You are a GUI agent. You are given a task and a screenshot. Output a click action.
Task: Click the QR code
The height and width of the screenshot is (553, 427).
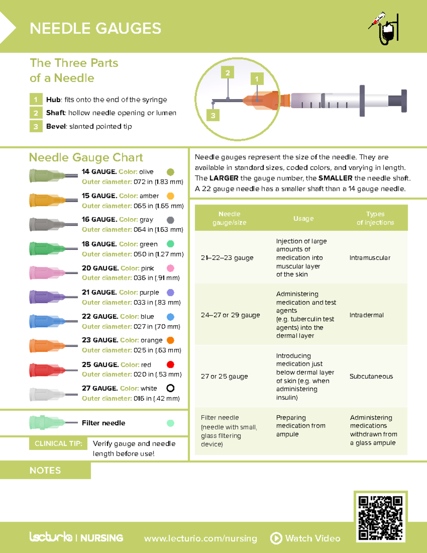380,518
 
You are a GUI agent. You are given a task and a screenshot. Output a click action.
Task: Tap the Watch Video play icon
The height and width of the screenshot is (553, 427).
276,538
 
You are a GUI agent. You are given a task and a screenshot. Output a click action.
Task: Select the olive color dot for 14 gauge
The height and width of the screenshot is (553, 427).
170,172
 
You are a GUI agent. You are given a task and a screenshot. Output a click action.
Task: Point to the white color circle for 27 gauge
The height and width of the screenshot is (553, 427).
170,388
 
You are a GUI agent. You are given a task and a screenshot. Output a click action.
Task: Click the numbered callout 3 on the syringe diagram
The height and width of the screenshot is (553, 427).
213,115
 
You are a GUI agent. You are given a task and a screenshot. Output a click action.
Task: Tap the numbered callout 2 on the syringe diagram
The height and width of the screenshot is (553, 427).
227,73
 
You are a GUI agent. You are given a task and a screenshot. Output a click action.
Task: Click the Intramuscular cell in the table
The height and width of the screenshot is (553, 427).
370,258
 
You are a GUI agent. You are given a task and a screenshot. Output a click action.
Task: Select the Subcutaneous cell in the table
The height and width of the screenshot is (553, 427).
371,376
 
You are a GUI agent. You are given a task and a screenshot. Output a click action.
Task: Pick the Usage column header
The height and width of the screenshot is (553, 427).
303,218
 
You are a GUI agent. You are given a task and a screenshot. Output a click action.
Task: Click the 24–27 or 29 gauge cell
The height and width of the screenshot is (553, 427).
230,315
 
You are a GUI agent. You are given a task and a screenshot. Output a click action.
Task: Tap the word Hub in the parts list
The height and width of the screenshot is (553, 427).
53,100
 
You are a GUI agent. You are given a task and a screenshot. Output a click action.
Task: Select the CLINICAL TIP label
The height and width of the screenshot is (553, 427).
58,444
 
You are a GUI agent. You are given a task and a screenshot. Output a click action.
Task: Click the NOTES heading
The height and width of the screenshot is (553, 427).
45,470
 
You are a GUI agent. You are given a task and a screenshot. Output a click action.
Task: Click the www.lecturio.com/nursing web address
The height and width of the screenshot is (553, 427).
200,538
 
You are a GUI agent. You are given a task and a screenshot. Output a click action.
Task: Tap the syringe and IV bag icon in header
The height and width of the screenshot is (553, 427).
384,28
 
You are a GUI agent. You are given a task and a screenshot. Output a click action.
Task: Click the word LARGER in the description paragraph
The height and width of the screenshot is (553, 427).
224,178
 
